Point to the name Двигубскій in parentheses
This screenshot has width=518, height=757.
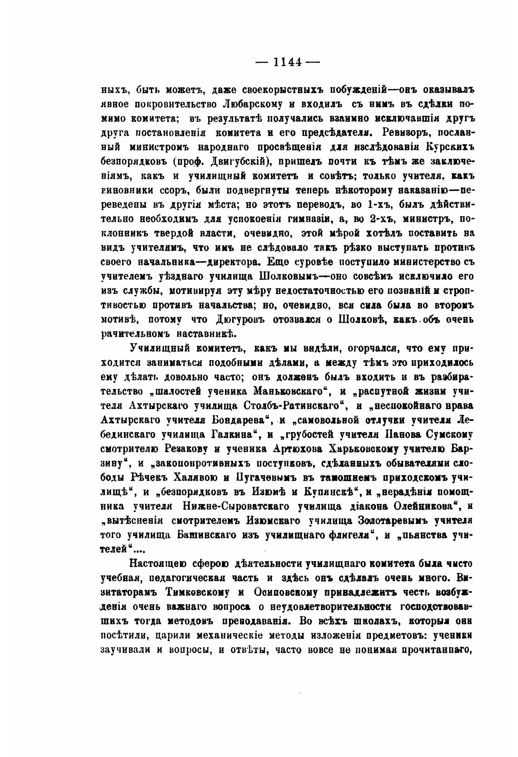[232, 161]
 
